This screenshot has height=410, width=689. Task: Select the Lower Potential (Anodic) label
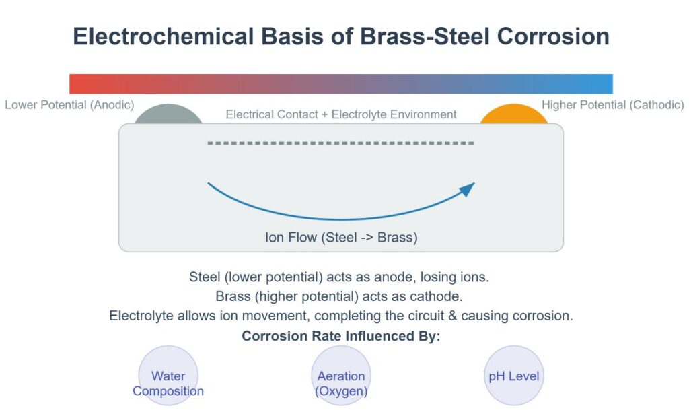(x=69, y=105)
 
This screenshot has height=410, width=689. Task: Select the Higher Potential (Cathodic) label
(x=612, y=105)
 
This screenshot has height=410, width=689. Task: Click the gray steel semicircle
(x=168, y=115)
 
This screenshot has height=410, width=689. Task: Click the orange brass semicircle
(x=514, y=115)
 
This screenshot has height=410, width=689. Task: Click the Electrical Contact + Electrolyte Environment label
(x=341, y=114)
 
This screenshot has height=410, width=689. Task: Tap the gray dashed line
(x=341, y=143)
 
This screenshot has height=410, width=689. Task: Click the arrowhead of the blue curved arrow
(x=469, y=188)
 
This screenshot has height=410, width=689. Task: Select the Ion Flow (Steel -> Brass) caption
(x=341, y=237)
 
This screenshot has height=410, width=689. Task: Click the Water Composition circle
(x=168, y=376)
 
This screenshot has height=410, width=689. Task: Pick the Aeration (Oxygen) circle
(x=341, y=376)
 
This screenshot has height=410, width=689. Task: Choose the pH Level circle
(x=514, y=376)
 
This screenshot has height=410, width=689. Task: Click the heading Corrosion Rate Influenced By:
(x=341, y=336)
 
